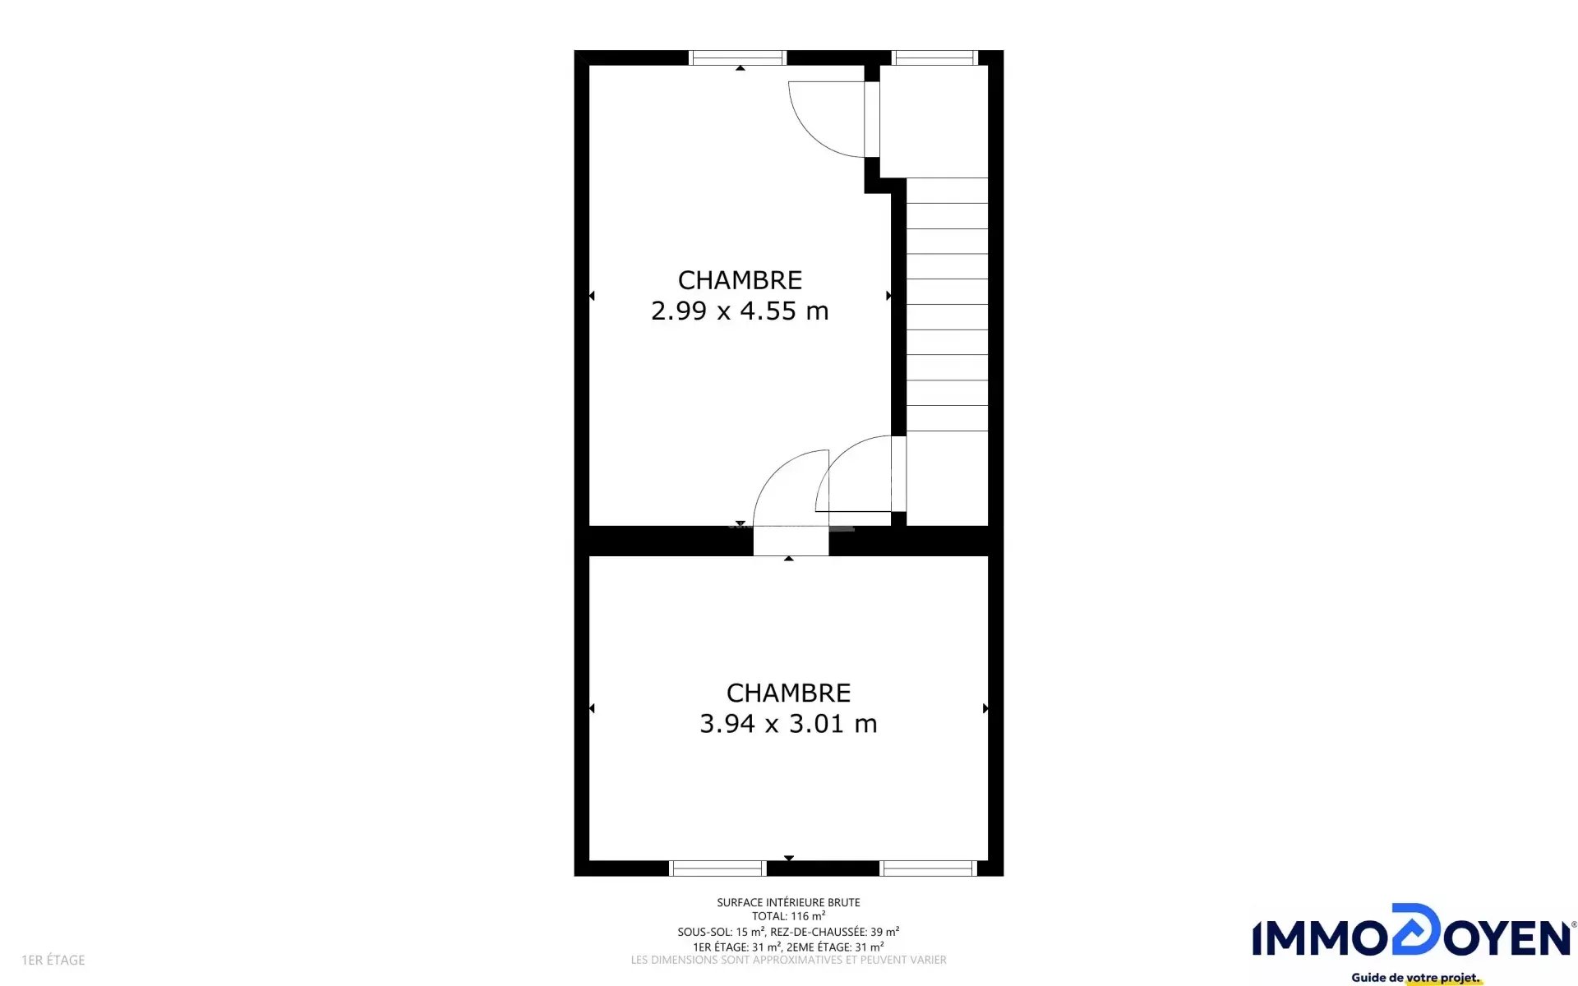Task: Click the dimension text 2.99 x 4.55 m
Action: tap(740, 311)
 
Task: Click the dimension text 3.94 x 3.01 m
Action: tap(788, 724)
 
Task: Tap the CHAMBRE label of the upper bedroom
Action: tap(740, 280)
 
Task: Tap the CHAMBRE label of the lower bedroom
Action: tap(788, 693)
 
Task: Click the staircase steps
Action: tap(947, 304)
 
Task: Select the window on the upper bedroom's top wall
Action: tap(737, 58)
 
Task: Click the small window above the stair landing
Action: tap(934, 58)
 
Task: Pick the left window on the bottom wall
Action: tap(717, 869)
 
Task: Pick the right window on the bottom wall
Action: tap(928, 869)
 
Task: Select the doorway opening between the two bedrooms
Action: tap(791, 541)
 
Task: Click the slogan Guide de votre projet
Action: tap(1415, 978)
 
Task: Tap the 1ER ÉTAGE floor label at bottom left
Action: tap(53, 960)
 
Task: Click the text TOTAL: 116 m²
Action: tap(788, 916)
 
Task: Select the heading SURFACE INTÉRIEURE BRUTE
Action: tap(788, 902)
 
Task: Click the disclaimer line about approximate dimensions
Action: tap(788, 960)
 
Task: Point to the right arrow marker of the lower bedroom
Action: tap(985, 708)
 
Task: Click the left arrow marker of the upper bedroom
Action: tap(592, 296)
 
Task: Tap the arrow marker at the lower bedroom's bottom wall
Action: tap(789, 858)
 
